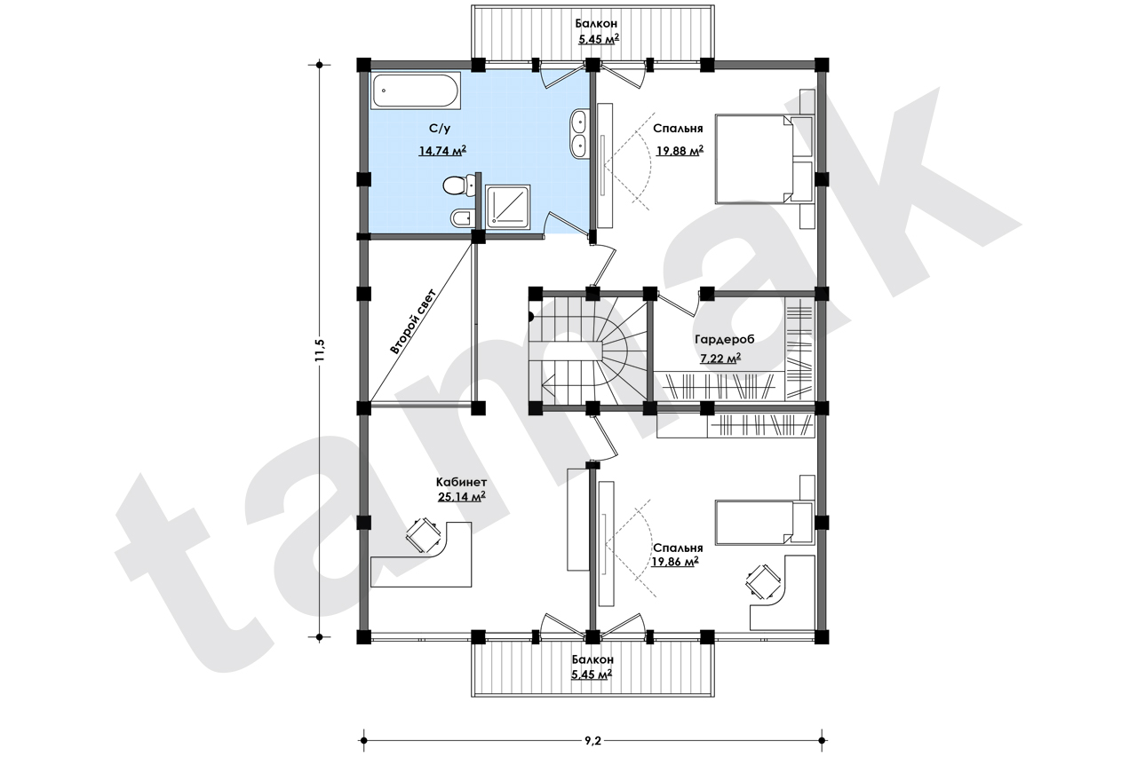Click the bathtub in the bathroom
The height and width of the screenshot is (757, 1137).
(416, 91)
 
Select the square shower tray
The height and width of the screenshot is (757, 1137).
(507, 205)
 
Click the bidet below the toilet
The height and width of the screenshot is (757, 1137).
(461, 218)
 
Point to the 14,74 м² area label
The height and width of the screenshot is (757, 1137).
(442, 151)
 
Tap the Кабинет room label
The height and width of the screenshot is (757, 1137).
(461, 482)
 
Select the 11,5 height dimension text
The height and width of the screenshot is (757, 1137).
(319, 351)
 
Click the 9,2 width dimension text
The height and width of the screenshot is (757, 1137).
(592, 741)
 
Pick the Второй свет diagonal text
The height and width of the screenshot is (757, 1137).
(413, 321)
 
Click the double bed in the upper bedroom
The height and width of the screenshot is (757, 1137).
(764, 158)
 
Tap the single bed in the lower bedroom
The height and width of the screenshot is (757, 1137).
(764, 523)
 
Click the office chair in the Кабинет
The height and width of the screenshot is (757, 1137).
(422, 535)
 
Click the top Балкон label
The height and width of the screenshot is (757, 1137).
(596, 23)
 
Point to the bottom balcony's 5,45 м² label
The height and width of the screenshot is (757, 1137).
(592, 674)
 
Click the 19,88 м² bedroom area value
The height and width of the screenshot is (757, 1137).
(680, 151)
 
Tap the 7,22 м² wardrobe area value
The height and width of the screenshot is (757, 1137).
(720, 359)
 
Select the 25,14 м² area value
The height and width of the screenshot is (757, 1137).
(461, 496)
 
